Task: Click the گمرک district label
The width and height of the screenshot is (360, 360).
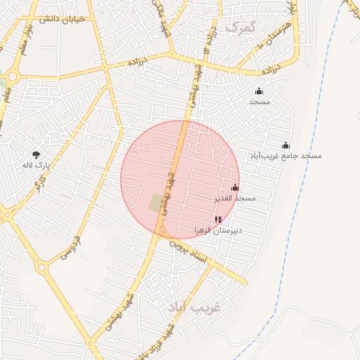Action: [239, 27]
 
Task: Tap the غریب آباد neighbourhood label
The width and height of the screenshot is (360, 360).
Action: [195, 308]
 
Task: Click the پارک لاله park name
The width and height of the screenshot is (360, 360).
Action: [37, 167]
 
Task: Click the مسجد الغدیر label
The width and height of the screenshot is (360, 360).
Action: [236, 199]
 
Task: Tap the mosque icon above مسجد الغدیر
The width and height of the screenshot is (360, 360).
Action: [235, 188]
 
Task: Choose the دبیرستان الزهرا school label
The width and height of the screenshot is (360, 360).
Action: [217, 231]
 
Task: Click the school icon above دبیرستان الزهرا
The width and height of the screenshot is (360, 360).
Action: [217, 219]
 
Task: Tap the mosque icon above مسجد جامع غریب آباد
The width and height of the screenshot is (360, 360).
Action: [285, 145]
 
